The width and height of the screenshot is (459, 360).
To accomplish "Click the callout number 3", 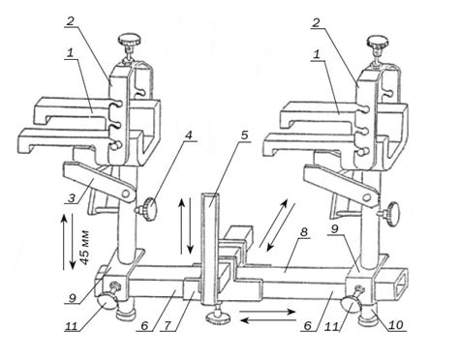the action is point(72,197).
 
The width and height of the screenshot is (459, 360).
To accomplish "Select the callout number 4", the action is point(188,135).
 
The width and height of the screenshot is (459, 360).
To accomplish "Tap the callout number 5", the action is point(245,135).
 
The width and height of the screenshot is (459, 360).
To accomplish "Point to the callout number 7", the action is point(168,325).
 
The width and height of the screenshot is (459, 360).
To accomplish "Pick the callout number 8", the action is point(304,232).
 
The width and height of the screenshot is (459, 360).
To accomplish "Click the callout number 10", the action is point(396,325).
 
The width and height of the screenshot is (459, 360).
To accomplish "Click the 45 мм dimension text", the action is point(85,248).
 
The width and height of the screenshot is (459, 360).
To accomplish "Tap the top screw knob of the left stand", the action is point(130,41).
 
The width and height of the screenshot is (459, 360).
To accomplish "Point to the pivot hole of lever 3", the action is point(126,195).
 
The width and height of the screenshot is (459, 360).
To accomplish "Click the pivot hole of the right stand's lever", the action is point(367,196).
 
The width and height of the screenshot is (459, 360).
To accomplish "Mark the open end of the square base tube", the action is point(400,282).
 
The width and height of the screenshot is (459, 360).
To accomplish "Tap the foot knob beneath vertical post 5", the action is point(218,318).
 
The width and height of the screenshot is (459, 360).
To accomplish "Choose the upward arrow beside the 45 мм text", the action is point(64,243).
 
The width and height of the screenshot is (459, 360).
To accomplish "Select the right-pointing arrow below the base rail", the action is point(267,312).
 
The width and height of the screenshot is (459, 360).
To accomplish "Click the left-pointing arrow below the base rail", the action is point(269,320).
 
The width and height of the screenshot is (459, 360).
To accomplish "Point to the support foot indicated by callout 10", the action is point(367,315).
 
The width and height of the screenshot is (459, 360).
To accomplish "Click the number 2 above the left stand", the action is point(71,21).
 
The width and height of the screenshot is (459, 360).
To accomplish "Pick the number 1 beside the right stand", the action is point(318,55).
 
